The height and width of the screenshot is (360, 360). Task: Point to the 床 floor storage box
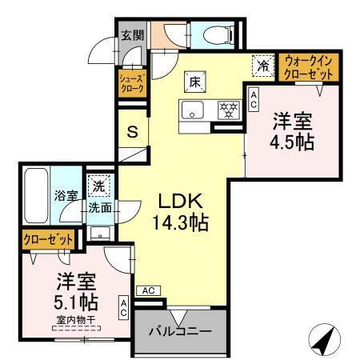tap(194, 81)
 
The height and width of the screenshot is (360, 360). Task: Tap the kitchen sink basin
tap(194, 110)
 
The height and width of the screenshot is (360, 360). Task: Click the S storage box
tap(134, 131)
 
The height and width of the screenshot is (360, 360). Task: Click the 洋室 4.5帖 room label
tap(291, 133)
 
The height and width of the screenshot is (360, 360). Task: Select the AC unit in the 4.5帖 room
tap(254, 99)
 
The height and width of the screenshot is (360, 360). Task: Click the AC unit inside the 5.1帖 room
tap(124, 308)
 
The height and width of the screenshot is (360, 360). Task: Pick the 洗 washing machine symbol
tap(97, 183)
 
